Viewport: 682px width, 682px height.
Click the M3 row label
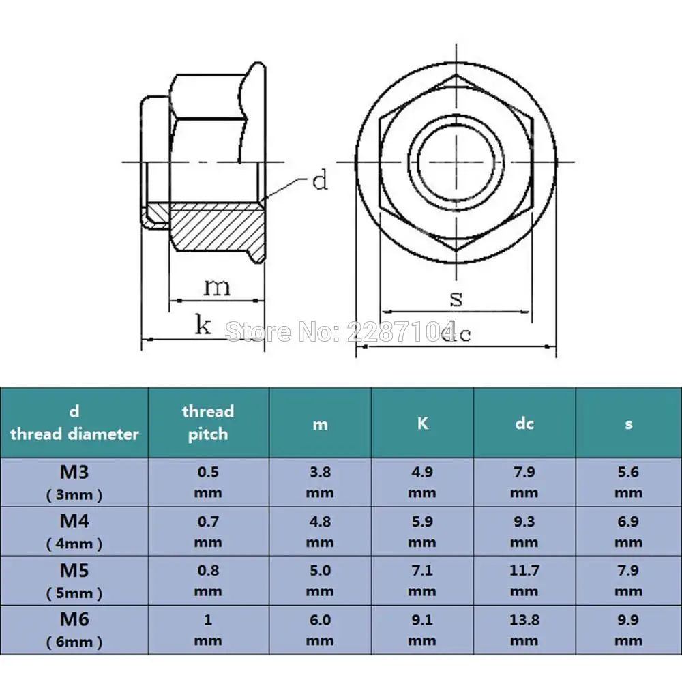pos(74,482)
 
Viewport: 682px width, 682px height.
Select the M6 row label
pos(74,629)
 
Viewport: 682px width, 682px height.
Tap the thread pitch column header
pos(208,422)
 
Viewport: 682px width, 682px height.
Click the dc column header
pos(524,424)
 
